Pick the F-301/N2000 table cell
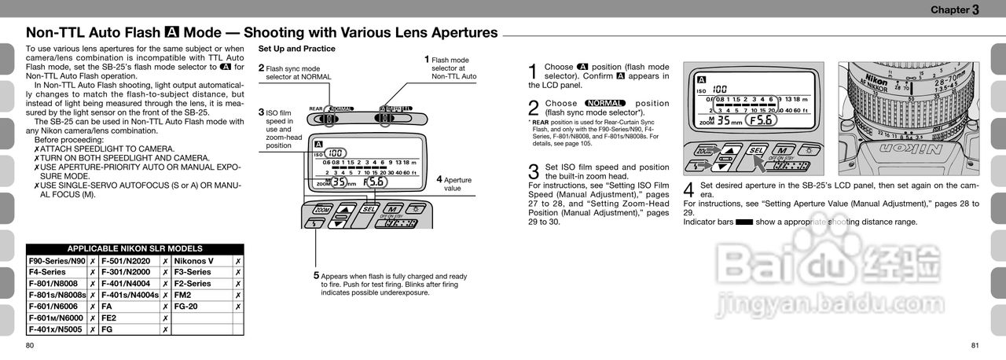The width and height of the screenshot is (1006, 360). pos(127,272)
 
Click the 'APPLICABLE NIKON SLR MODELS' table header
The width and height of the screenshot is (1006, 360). pos(134,248)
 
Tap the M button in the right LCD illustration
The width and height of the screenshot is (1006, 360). pos(783,149)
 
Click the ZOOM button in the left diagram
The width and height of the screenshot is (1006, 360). pos(322,210)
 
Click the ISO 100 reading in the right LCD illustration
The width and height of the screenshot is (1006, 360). pos(719,90)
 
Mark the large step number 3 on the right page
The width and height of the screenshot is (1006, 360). pos(533,172)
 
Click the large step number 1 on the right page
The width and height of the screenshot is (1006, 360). pos(533,72)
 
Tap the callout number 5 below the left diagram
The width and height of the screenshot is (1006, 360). pos(316,276)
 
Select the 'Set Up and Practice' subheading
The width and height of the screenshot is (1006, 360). pos(296,49)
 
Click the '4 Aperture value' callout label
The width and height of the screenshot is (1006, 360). pos(455,184)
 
